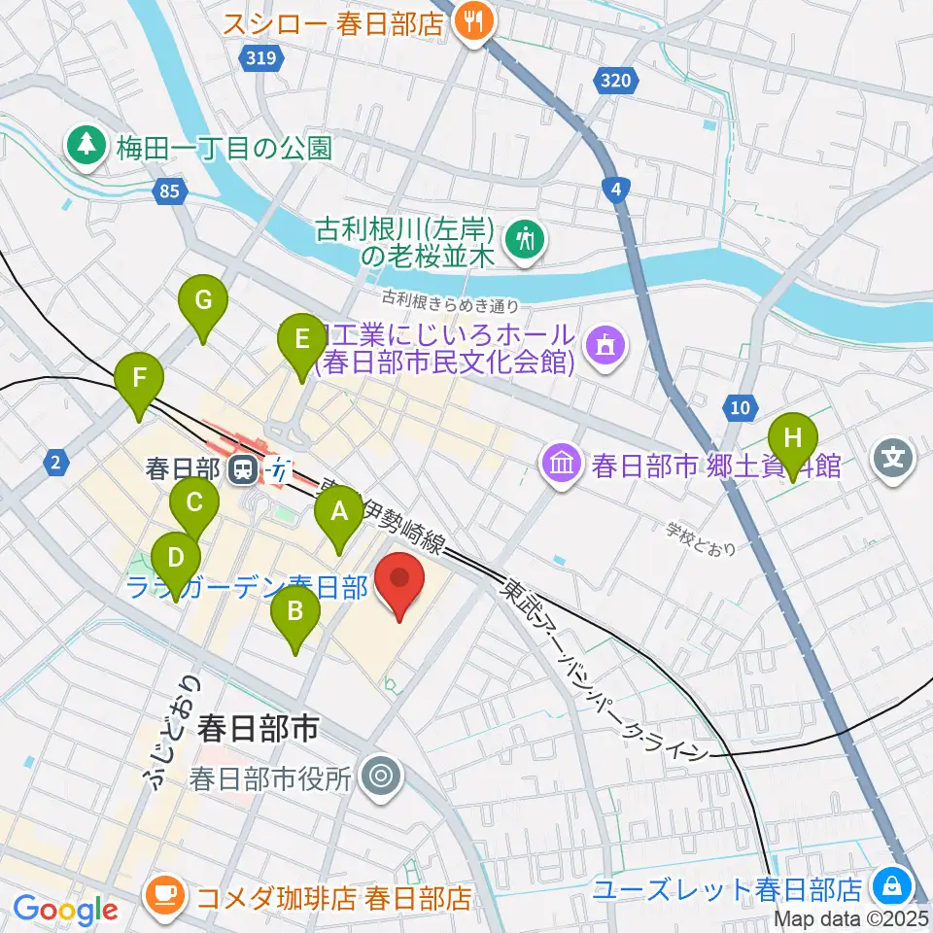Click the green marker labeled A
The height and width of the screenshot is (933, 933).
coord(339,512)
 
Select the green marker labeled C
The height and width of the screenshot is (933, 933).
coord(193,504)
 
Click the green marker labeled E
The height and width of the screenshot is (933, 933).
coord(301,340)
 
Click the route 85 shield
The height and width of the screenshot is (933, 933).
coord(170,192)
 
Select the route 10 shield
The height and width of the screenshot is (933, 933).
coord(741,408)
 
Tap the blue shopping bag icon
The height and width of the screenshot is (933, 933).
coord(889,887)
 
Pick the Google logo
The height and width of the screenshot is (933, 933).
coord(65,911)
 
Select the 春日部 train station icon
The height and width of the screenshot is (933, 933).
coord(243,470)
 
